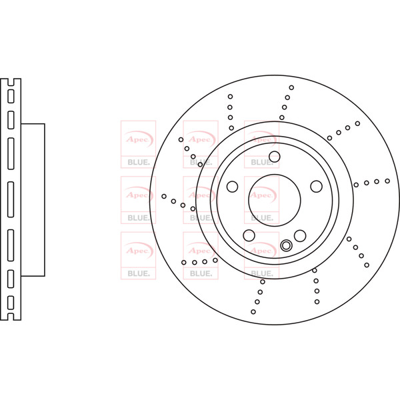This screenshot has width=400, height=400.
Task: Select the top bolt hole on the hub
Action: tap(274, 157)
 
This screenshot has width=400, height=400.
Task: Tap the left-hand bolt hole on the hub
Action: tap(232, 186)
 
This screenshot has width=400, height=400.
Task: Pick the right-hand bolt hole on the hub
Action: tap(316, 186)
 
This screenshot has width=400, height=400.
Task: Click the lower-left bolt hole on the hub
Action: tap(249, 235)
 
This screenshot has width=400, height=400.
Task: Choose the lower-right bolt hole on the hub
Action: tap(300, 235)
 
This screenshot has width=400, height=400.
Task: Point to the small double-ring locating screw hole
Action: tap(287, 245)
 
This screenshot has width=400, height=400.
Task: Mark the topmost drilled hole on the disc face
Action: tap(291, 87)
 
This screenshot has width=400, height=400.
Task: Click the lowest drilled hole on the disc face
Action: tap(253, 311)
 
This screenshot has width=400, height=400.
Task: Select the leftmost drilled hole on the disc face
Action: tap(164, 196)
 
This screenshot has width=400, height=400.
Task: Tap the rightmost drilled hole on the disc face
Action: tap(387, 181)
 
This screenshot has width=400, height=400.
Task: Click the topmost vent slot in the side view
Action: tap(11, 95)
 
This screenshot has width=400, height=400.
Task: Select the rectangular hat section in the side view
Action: tap(33, 199)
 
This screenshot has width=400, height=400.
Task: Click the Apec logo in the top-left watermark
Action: tap(138, 139)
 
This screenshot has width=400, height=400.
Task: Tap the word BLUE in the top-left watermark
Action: tap(138, 162)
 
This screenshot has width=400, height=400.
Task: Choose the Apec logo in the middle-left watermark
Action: tap(138, 195)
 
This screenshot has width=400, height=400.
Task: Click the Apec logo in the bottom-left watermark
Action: tap(138, 250)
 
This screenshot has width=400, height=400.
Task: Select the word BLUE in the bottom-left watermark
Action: tap(138, 273)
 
